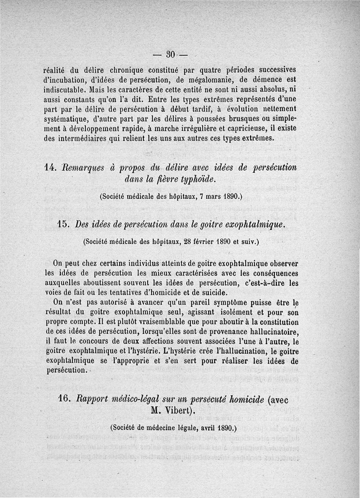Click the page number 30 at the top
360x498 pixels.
[170, 54]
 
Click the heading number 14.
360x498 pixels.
[50, 167]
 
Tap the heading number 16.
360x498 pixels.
[64, 399]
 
